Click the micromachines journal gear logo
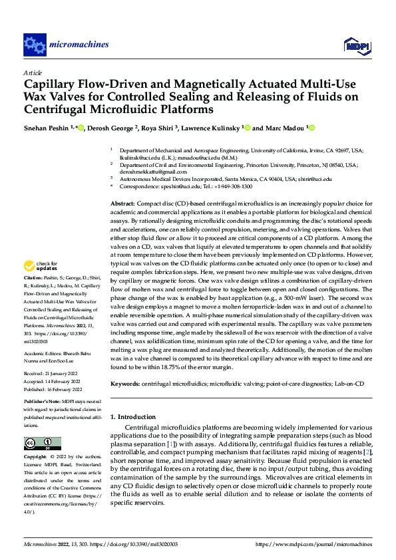click(33, 45)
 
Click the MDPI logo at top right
click(356, 45)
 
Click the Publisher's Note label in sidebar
click(43, 403)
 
